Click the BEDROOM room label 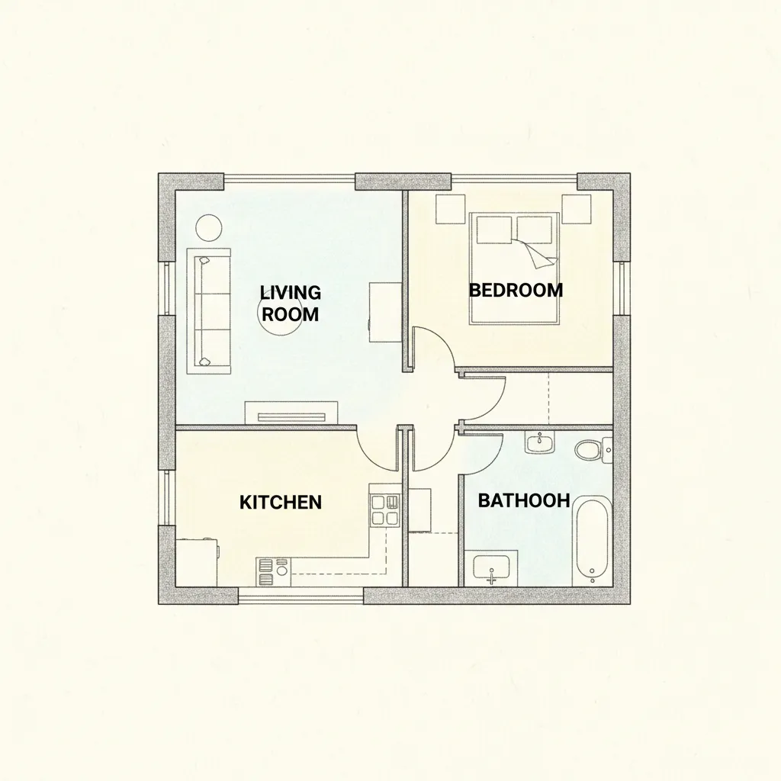[x=516, y=290]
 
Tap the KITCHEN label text [x=281, y=503]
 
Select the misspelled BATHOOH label [x=523, y=500]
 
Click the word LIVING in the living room [x=291, y=292]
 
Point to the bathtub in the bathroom [x=592, y=542]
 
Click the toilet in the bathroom [x=593, y=450]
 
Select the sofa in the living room [x=209, y=311]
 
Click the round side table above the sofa [x=209, y=227]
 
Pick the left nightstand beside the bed [x=450, y=209]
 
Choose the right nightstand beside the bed [x=577, y=209]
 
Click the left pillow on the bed [x=494, y=230]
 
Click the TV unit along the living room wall [x=293, y=413]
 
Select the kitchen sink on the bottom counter [x=274, y=572]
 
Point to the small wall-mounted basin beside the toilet [x=539, y=442]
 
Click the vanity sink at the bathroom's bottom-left [x=491, y=569]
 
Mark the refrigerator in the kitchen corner [x=198, y=562]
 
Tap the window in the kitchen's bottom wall [x=301, y=596]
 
